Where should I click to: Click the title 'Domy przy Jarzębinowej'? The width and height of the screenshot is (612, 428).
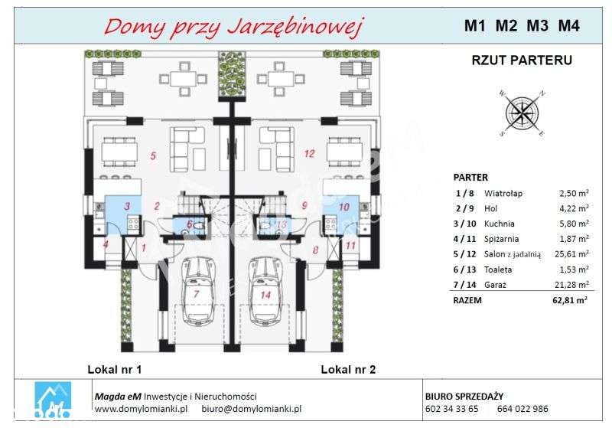233,27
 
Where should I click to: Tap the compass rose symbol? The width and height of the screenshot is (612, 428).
522,113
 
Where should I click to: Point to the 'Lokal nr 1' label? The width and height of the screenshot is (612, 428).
115,370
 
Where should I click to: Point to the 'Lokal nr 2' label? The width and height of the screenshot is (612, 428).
348,370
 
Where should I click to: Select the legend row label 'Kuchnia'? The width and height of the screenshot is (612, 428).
498,224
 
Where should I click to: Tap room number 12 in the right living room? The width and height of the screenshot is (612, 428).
309,153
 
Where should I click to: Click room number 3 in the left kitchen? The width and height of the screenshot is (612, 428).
128,205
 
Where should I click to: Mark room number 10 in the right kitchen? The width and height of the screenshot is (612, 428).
343,206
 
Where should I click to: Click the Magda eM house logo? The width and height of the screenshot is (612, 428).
54,399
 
